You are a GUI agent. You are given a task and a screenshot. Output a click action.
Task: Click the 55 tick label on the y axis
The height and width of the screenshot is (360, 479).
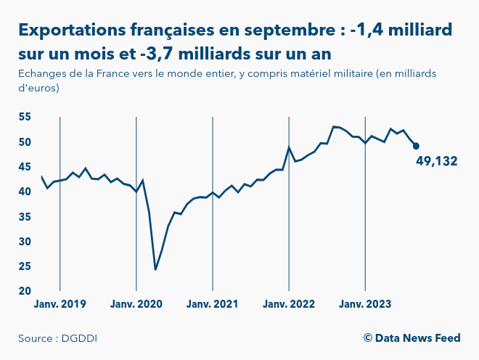[25, 117]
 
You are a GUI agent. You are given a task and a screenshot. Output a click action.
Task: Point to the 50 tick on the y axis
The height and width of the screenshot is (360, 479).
[25, 142]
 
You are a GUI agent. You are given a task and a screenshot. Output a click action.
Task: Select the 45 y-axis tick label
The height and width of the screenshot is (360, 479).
[25, 167]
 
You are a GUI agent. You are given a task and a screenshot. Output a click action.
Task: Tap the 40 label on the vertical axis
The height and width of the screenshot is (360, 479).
[25, 192]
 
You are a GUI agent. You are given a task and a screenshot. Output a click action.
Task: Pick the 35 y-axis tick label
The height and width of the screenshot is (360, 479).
[25, 216]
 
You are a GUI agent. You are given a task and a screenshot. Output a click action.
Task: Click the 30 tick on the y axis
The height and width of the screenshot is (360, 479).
[25, 241]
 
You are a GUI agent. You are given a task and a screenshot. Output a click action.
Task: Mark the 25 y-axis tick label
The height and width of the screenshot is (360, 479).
[25, 266]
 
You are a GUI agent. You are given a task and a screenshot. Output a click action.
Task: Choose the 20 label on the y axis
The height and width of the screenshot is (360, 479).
[25, 291]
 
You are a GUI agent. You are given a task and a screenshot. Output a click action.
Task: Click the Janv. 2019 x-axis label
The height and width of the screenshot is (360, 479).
[60, 304]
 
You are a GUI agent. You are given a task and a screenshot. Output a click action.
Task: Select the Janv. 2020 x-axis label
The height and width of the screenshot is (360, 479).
[136, 304]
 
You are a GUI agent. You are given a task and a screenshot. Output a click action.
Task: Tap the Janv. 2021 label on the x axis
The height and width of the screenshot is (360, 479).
[213, 304]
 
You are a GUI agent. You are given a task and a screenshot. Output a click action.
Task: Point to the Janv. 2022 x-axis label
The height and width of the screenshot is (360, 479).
[289, 304]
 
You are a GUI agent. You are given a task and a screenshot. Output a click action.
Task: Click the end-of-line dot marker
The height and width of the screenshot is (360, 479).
[416, 146]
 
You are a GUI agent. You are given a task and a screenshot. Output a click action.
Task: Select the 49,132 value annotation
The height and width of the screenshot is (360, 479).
[437, 161]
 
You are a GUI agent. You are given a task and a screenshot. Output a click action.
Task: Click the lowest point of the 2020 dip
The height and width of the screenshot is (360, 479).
[155, 269]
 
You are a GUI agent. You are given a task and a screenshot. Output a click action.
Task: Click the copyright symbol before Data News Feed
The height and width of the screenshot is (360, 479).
[368, 338]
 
